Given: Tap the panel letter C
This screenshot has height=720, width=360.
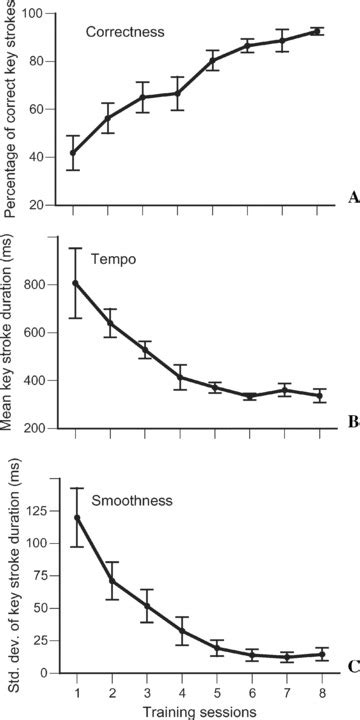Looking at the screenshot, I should pyautogui.click(x=352, y=667).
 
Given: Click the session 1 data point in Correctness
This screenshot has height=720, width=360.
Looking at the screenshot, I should pyautogui.click(x=76, y=153).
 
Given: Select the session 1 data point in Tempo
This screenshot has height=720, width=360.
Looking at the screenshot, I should pyautogui.click(x=76, y=283).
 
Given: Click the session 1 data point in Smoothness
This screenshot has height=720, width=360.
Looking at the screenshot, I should pyautogui.click(x=76, y=518).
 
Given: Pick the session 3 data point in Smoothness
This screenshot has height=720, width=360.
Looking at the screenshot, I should pyautogui.click(x=146, y=606).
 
